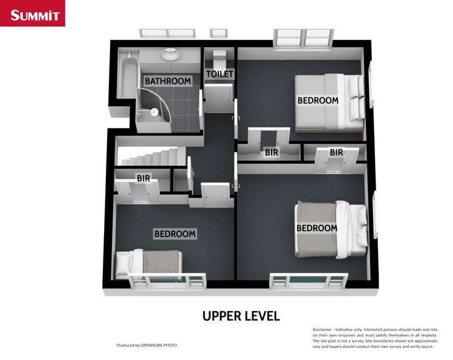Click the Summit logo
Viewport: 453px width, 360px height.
pyautogui.click(x=33, y=14)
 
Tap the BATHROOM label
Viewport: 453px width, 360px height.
pyautogui.click(x=167, y=80)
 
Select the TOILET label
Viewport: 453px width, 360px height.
pyautogui.click(x=220, y=74)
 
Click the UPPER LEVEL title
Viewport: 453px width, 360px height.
pyautogui.click(x=241, y=315)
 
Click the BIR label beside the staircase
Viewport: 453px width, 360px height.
pyautogui.click(x=143, y=178)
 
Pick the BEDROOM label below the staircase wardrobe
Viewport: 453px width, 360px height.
pyautogui.click(x=175, y=234)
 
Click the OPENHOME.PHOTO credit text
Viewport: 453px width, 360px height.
pyautogui.click(x=158, y=345)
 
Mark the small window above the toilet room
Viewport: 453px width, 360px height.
pyautogui.click(x=218, y=33)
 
